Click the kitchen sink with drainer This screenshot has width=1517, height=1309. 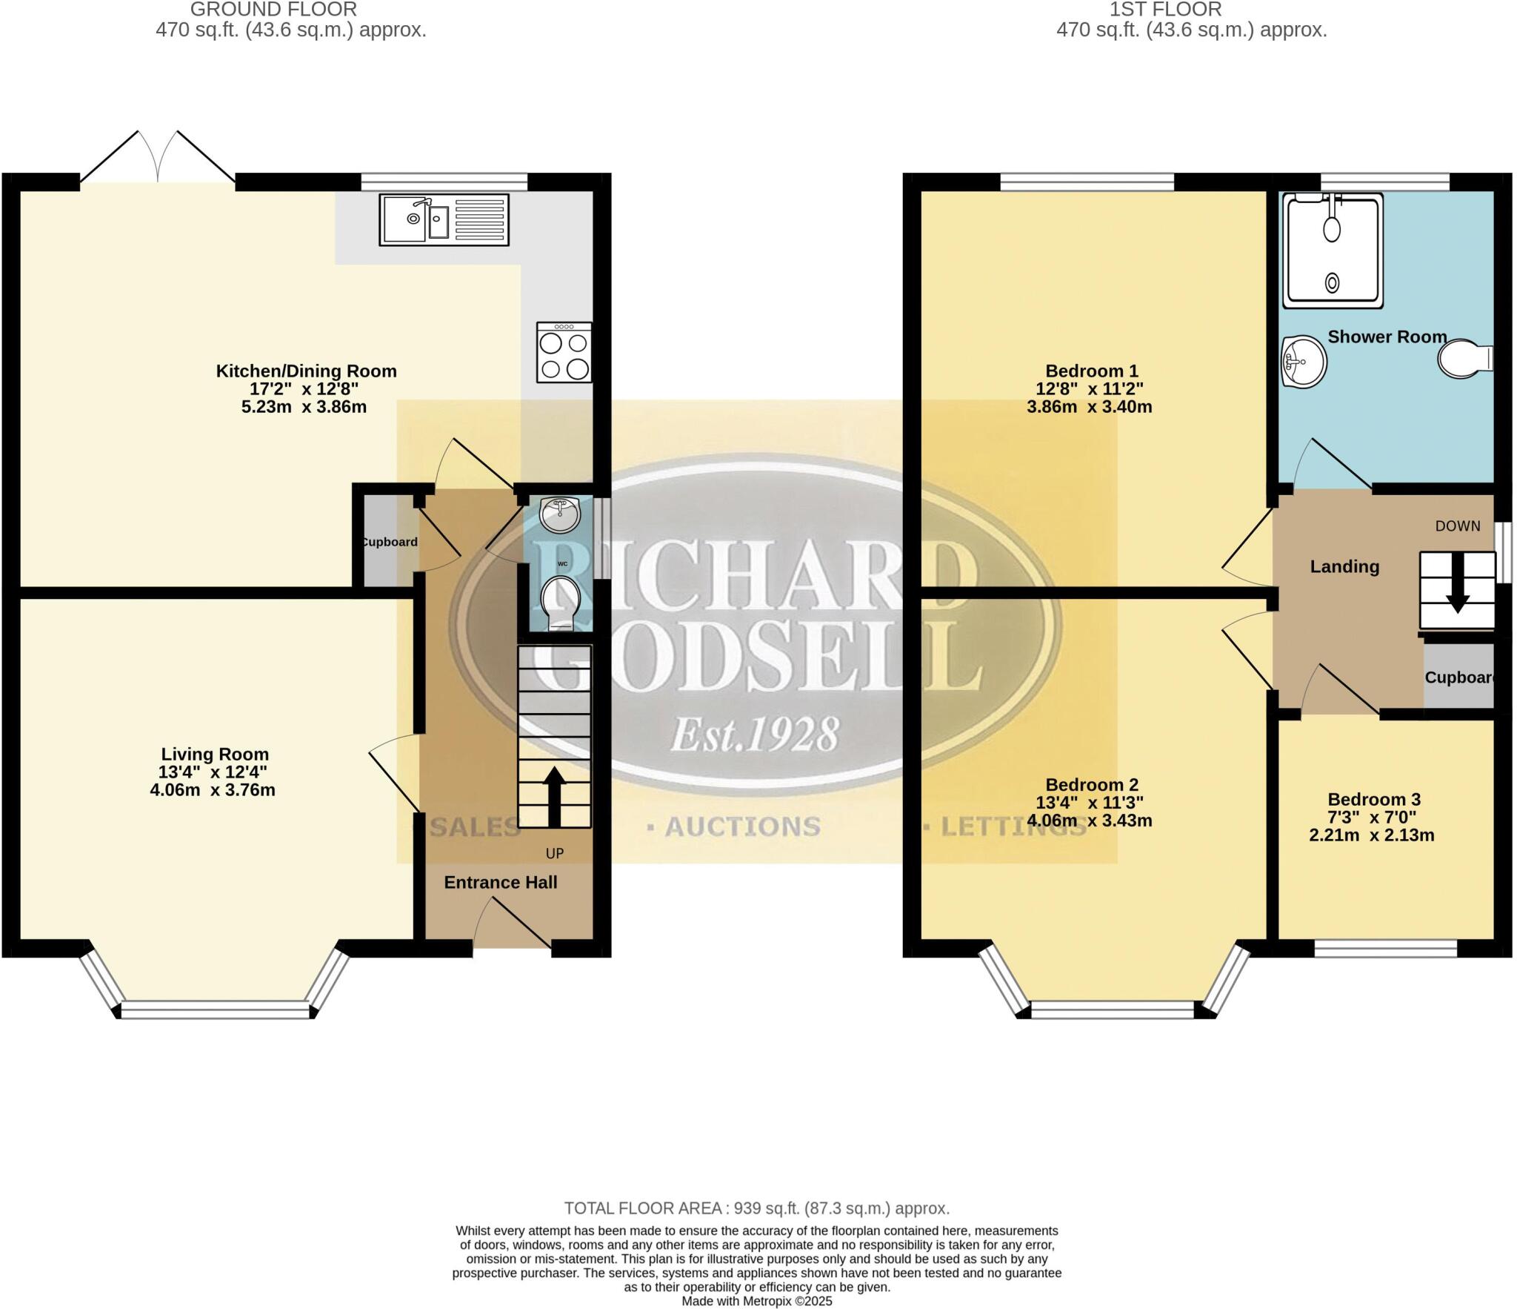[x=444, y=219]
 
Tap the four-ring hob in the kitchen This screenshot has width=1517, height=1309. [x=564, y=352]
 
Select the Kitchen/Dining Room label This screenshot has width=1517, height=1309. [x=306, y=371]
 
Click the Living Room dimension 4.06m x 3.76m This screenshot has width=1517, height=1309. [x=213, y=790]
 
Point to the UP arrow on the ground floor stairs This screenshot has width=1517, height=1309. [x=554, y=796]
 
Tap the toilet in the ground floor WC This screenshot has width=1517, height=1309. [x=561, y=603]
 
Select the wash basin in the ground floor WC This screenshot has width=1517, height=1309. [x=560, y=514]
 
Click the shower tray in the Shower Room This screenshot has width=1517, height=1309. [x=1333, y=250]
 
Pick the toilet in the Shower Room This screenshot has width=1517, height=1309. [x=1464, y=359]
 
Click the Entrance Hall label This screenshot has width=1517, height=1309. [x=501, y=882]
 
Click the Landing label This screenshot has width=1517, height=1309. [x=1344, y=566]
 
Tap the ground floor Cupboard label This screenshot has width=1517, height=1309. [x=389, y=542]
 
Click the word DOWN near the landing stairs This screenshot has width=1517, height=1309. [x=1457, y=526]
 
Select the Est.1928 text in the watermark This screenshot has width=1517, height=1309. [x=754, y=734]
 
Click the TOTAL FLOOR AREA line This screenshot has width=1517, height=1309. [x=756, y=1208]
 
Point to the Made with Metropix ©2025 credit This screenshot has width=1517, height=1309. [x=756, y=1301]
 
